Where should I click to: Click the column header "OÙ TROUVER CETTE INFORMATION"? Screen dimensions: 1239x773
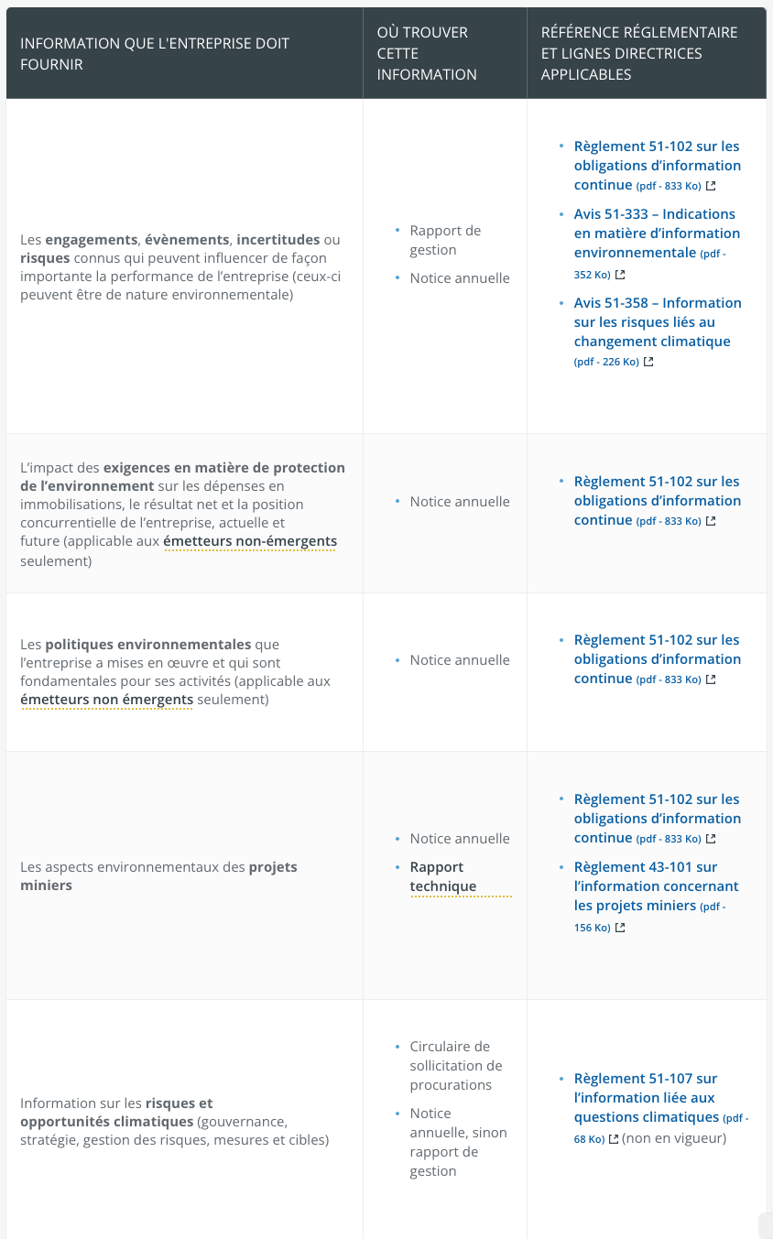coord(427,53)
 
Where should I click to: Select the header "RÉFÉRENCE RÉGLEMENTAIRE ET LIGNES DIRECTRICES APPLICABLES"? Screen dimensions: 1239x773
coord(638,53)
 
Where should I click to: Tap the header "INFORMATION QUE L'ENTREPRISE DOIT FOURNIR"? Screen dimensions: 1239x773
coord(155,53)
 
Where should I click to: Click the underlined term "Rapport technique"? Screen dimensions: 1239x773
coord(443,876)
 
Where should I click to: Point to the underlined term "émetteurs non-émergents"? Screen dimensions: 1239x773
coord(250,541)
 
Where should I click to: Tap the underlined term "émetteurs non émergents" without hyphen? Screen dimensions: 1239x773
coord(107,700)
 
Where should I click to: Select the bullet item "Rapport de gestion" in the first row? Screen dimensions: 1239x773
coord(445,240)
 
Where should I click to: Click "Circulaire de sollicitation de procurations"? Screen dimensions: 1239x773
coord(451,1065)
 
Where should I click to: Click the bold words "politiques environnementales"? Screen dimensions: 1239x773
coord(148,644)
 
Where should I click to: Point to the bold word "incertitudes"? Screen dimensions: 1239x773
coord(278,240)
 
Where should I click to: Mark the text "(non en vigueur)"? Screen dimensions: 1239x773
coord(674,1138)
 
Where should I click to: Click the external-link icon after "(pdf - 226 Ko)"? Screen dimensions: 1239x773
coord(648,362)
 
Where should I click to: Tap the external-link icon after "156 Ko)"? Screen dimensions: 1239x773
coord(620,928)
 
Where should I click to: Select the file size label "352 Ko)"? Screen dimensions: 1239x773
coord(592,275)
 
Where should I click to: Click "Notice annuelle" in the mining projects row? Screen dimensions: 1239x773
coord(460,839)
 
